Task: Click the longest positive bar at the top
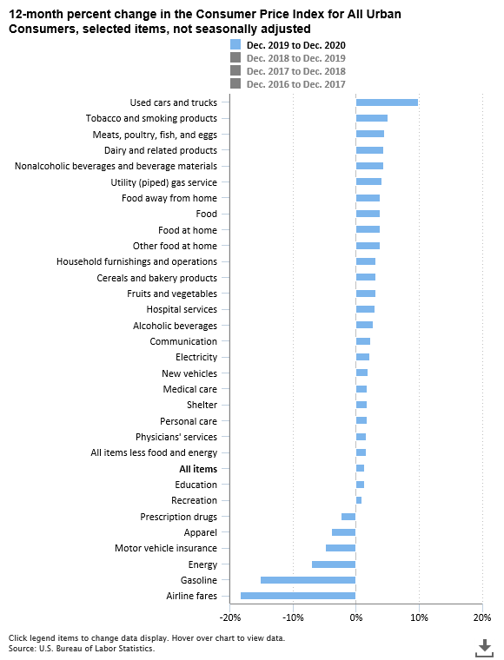[x=387, y=102]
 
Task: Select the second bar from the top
[x=372, y=118]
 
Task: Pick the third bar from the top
[x=370, y=134]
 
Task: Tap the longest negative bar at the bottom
[x=298, y=596]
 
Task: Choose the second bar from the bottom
[x=308, y=580]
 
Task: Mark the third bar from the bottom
[x=334, y=564]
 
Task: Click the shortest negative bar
[x=348, y=517]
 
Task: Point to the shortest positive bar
[x=359, y=500]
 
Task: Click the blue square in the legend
[x=235, y=44]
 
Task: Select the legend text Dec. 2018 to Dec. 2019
[x=296, y=58]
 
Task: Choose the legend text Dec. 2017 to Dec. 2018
[x=296, y=71]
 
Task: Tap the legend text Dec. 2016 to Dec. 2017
[x=296, y=84]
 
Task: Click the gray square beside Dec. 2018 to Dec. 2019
[x=235, y=57]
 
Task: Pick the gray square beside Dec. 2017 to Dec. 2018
[x=235, y=70]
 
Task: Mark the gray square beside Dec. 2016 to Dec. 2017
[x=235, y=83]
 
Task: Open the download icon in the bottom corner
[x=484, y=647]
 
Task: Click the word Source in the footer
[x=22, y=649]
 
